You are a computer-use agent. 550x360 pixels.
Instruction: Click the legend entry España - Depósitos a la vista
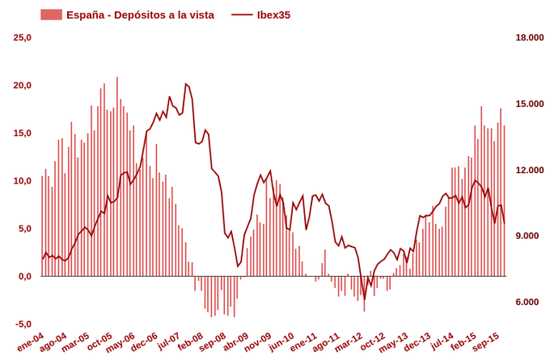click(x=139, y=15)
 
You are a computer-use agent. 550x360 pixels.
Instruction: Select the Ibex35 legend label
click(x=273, y=15)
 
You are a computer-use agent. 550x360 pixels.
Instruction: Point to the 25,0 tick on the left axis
click(x=23, y=38)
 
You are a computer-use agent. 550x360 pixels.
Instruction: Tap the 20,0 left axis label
click(x=23, y=86)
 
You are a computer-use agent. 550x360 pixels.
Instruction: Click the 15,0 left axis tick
click(x=23, y=133)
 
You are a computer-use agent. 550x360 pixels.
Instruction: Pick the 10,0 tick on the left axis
click(x=23, y=181)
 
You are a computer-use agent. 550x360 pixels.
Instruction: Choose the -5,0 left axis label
click(x=23, y=324)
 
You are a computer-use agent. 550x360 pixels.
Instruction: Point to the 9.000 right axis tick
click(x=531, y=236)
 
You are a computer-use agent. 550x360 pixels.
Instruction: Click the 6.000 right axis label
click(x=531, y=303)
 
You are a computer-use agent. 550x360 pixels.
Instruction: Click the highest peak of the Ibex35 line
click(x=186, y=83)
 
